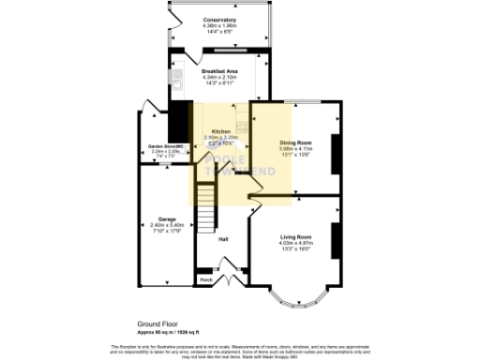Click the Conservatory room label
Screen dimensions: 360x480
point(221,19)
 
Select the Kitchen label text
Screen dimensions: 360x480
point(221,131)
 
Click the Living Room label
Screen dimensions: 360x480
point(296,237)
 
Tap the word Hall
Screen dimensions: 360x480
point(224,240)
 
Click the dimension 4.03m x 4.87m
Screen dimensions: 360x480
point(296,244)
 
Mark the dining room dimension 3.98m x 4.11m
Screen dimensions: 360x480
point(294,148)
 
